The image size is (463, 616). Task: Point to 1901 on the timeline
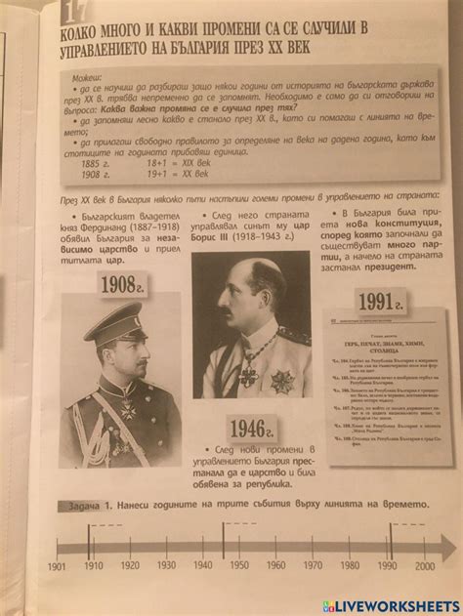pyautogui.click(x=57, y=565)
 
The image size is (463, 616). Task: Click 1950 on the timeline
pyautogui.click(x=240, y=564)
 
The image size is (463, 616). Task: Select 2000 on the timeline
pyautogui.click(x=424, y=564)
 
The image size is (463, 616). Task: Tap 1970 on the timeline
pyautogui.click(x=314, y=564)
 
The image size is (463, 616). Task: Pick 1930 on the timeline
pyautogui.click(x=167, y=564)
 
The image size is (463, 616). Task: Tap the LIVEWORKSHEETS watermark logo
pyautogui.click(x=398, y=605)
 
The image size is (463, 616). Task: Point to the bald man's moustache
pyautogui.click(x=227, y=313)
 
